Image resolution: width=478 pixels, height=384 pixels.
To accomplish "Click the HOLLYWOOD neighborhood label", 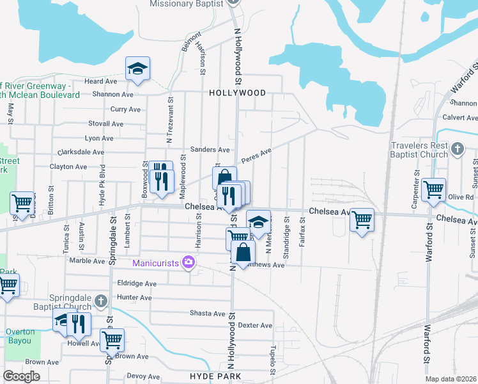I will pos(237,93).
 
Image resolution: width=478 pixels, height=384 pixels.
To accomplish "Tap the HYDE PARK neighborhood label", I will pos(216,376).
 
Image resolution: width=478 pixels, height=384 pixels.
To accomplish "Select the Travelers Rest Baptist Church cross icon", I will pos(458,149).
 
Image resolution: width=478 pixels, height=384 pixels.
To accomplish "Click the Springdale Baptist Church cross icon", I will pos(100,301).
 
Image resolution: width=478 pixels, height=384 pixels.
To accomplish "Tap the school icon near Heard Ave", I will pos(137,69).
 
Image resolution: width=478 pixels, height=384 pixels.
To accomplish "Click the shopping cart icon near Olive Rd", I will pos(434,189).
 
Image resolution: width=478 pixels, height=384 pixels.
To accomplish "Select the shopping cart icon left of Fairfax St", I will pos(362,220).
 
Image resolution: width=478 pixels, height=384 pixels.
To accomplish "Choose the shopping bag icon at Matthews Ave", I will pos(244,251).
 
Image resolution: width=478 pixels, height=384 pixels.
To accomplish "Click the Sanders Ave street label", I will pos(214,150).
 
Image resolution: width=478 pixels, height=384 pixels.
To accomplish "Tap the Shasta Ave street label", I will pos(208,314).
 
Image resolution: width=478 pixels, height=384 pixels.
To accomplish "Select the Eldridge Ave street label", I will pos(137,284).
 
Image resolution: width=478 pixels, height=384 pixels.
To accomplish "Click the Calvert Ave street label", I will pos(461,117).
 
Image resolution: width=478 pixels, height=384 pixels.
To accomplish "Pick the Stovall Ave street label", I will pos(106,124).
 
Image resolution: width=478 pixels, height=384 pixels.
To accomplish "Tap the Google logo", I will pos(21,376).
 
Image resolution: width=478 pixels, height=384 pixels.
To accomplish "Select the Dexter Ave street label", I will pos(255,325).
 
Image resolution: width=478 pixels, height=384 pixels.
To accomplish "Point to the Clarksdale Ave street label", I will pos(81,152).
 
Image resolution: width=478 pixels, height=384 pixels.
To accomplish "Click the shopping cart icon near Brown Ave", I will pos(112,339).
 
